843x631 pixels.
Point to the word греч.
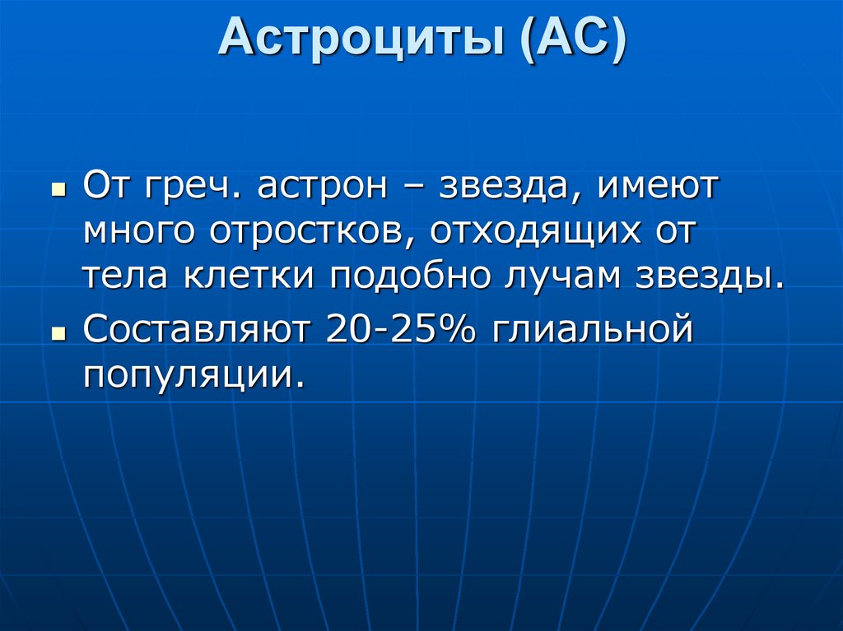coord(193,187)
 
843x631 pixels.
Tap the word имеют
coord(659,187)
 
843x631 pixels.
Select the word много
coord(137,231)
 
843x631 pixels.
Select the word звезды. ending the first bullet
coord(710,276)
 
